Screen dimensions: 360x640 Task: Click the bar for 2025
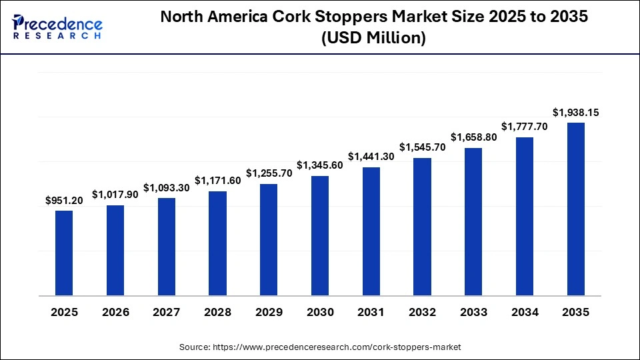click(64, 253)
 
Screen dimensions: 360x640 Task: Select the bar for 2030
click(320, 235)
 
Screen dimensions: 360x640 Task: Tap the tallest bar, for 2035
click(575, 209)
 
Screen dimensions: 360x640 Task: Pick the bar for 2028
click(217, 243)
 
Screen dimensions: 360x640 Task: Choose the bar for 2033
click(473, 221)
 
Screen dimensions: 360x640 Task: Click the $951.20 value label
click(64, 200)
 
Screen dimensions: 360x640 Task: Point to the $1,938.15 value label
click(575, 113)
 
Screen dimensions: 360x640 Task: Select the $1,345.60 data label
click(320, 165)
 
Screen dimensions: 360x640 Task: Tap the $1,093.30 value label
click(167, 187)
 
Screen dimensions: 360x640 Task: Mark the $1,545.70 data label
click(422, 147)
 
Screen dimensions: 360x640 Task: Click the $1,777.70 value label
click(525, 127)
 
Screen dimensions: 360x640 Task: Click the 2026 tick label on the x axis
click(115, 312)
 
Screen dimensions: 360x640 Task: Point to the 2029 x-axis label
click(269, 312)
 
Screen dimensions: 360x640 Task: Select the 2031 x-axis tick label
click(371, 312)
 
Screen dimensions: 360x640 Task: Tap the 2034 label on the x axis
click(525, 312)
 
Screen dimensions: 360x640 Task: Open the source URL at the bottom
click(320, 347)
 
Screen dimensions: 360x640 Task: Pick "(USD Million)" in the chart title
click(373, 39)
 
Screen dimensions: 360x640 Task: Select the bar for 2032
click(422, 227)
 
